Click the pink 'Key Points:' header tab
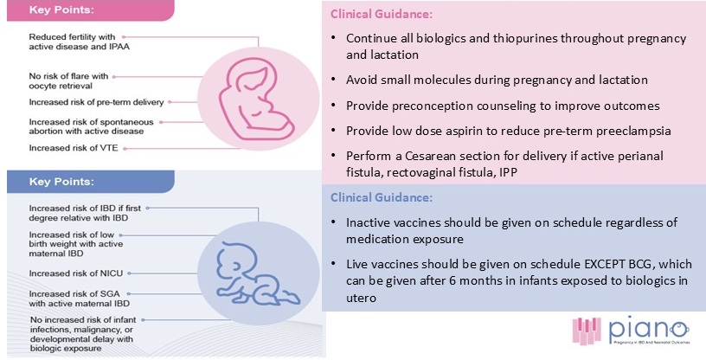pos(90,10)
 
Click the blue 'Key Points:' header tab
pos(90,182)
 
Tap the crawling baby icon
pos(258,274)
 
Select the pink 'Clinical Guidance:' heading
pos(382,14)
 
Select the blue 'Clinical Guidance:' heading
pos(382,197)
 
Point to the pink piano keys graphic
pos(587,331)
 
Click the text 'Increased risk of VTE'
pos(74,148)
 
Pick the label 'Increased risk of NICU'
pos(75,273)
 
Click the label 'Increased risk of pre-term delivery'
pos(96,102)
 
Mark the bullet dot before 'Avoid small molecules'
pos(333,80)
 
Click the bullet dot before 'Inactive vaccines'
pos(333,222)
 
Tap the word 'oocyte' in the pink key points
pos(41,86)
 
